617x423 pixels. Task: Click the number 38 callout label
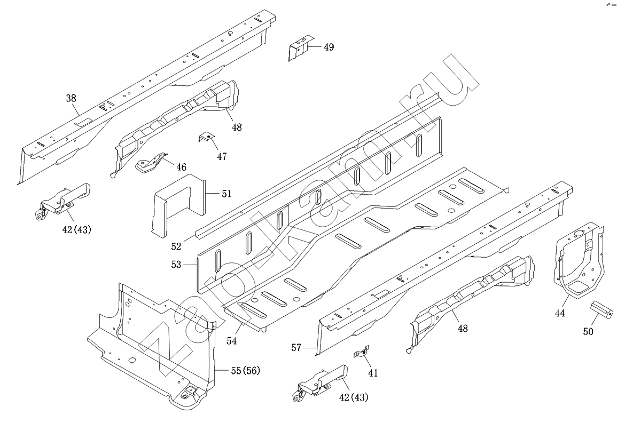[x=71, y=98]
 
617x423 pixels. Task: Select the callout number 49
[x=329, y=47]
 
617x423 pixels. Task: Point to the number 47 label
[x=222, y=157]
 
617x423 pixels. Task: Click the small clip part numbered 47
[x=206, y=139]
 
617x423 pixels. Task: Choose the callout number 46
[x=182, y=167]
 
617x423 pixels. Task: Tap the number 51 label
[x=227, y=194]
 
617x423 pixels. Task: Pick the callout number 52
[x=176, y=246]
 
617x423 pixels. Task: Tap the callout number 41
[x=372, y=373]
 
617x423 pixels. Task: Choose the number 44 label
[x=559, y=314]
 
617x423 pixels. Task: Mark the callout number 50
[x=588, y=332]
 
